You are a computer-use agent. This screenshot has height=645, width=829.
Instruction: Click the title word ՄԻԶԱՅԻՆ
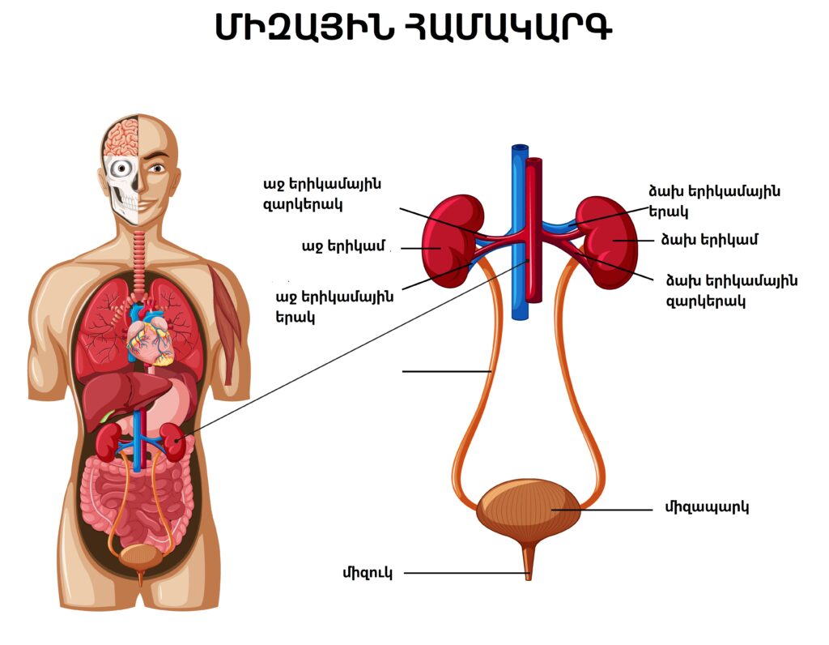click(304, 28)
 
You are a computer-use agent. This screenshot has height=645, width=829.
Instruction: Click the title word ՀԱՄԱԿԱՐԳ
click(508, 28)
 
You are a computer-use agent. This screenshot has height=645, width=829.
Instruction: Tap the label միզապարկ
click(706, 508)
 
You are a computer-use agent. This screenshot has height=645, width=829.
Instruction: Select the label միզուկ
click(368, 573)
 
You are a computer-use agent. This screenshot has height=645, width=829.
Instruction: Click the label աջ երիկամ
click(343, 247)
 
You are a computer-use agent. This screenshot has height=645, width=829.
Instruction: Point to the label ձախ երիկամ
click(709, 240)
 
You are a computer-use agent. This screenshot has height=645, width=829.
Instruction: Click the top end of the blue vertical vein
click(521, 146)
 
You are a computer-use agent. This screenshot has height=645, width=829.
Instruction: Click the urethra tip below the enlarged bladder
click(528, 578)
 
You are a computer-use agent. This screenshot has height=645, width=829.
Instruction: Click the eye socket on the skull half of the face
click(122, 169)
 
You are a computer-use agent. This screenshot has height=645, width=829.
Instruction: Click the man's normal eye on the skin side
click(156, 169)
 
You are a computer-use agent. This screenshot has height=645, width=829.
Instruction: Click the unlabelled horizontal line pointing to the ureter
click(447, 372)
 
